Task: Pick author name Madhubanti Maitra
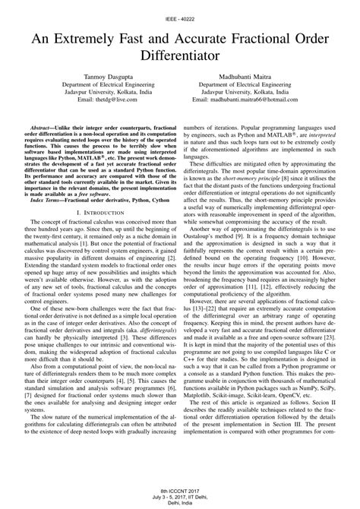pyautogui.click(x=267, y=77)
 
